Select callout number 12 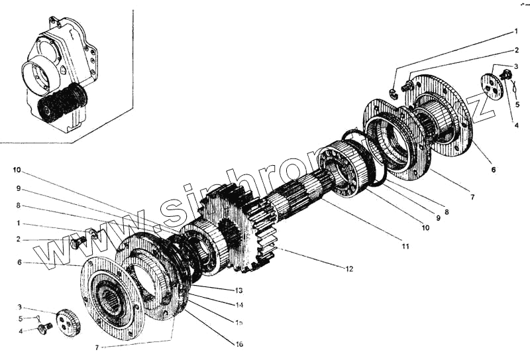coord(349,269)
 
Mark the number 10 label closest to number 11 coord(425,227)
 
